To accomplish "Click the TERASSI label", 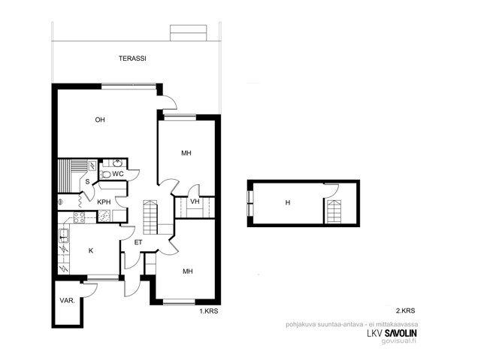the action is click(x=132, y=59).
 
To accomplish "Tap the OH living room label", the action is click(x=100, y=120).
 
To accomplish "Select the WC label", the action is click(x=118, y=174).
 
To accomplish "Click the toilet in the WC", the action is click(x=105, y=174).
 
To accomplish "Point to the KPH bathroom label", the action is click(x=104, y=202).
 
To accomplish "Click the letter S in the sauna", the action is click(x=87, y=182).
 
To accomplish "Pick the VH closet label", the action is click(x=195, y=202).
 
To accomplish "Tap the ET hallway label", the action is click(x=138, y=242).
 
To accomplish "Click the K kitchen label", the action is click(x=91, y=250).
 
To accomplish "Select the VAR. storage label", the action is click(x=67, y=301).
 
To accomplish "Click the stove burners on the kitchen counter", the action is click(x=79, y=217).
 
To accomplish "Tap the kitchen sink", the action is click(x=63, y=235).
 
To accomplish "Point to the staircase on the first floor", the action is click(x=150, y=217).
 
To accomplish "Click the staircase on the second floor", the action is click(x=334, y=211).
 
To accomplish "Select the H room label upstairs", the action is click(x=288, y=202).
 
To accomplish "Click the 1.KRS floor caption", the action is click(x=209, y=311).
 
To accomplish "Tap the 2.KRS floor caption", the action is click(x=406, y=311).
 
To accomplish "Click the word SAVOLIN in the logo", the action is click(x=401, y=333).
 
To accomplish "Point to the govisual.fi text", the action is click(x=399, y=341).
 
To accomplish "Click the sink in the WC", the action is click(x=117, y=163).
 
